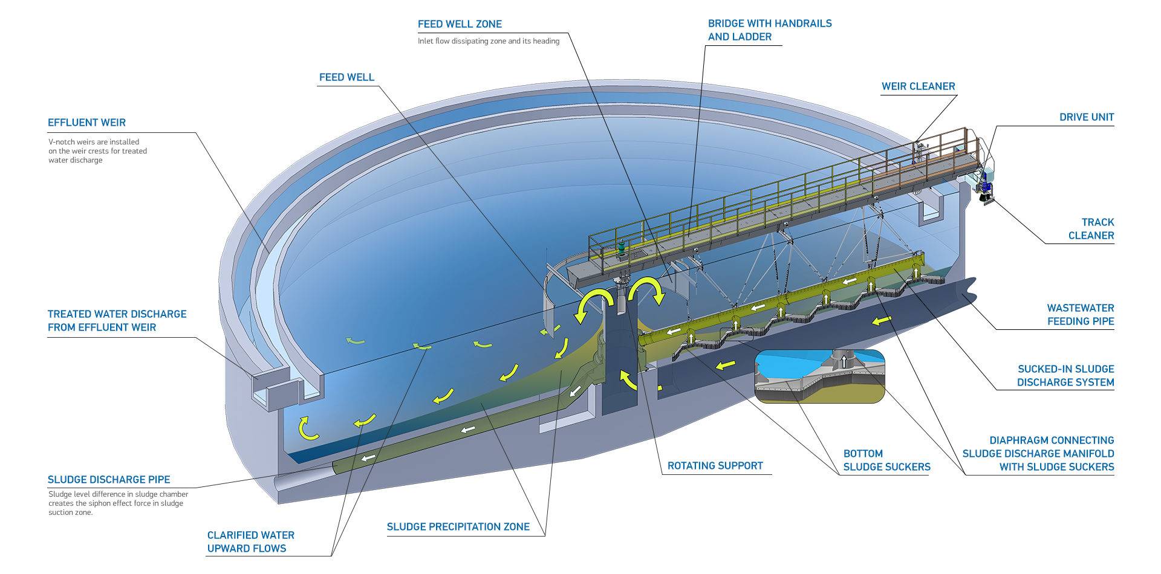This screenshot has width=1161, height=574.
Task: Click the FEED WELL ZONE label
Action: click(460, 24)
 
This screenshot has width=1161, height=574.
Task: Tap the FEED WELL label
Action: click(346, 77)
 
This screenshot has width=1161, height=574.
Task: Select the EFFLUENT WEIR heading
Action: click(86, 123)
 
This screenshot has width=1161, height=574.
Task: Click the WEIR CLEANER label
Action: click(918, 86)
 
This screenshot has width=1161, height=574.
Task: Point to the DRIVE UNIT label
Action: click(1086, 117)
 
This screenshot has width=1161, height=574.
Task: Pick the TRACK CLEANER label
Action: click(1091, 229)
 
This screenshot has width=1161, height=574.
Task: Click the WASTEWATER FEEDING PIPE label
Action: click(1080, 315)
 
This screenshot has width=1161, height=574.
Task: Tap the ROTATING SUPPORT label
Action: click(715, 466)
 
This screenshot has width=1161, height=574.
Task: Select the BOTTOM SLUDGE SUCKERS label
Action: click(886, 460)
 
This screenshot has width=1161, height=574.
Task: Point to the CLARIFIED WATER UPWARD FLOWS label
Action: click(250, 542)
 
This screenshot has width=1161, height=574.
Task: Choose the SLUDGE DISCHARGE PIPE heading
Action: click(109, 480)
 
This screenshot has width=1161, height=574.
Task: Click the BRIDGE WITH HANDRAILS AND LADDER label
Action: click(769, 30)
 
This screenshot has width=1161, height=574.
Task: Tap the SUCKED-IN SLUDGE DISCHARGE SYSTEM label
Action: click(1065, 376)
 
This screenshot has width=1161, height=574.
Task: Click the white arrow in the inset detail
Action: click(844, 361)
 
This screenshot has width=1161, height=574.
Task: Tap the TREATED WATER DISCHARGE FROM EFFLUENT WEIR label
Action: click(117, 321)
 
